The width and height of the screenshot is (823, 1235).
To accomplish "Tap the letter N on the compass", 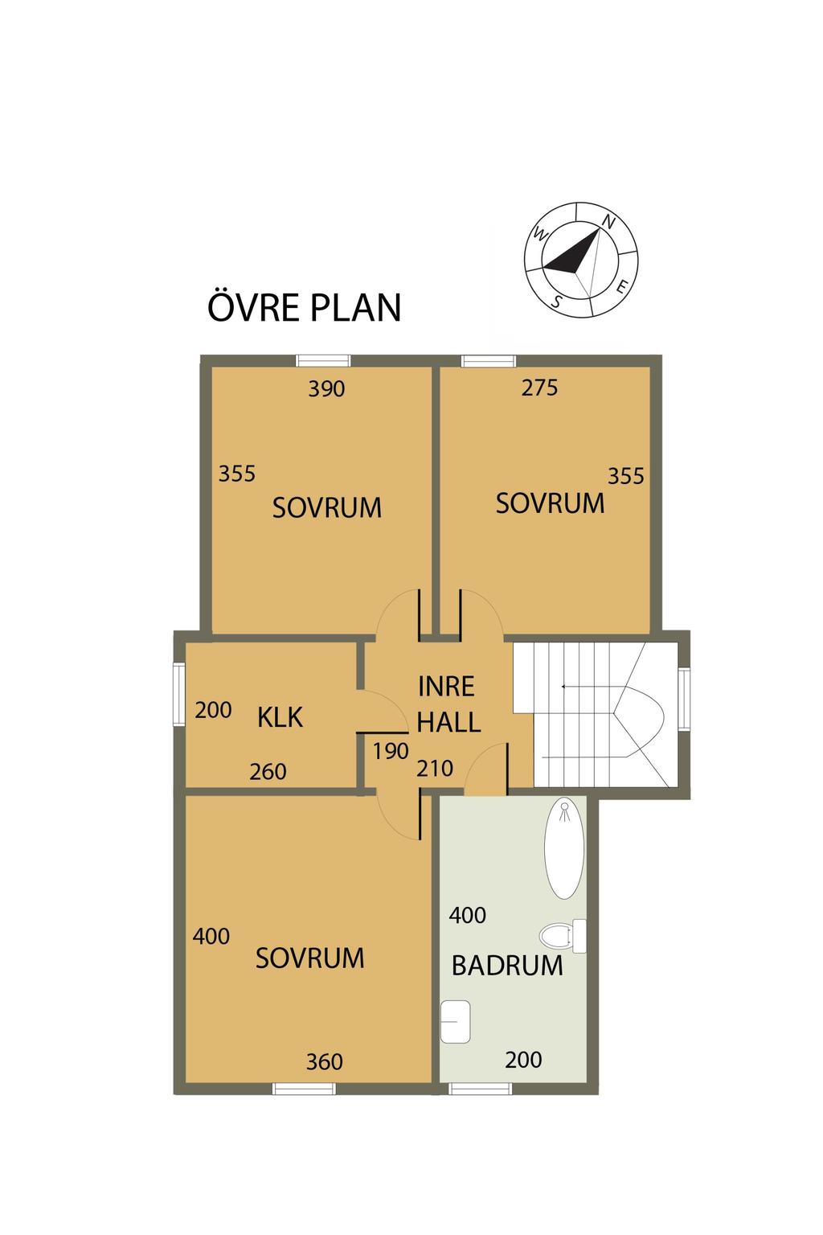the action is (608, 222).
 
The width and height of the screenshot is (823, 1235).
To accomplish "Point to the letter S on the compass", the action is (557, 302).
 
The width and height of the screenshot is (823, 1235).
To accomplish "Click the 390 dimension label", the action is (326, 389).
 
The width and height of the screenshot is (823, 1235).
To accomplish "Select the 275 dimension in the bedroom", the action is (539, 388).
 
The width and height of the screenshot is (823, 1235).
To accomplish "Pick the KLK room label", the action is (280, 718).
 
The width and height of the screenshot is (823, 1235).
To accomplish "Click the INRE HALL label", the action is (448, 704).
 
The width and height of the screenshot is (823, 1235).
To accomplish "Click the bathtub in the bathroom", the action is (564, 847).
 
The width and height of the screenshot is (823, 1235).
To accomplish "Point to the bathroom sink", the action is (456, 1021).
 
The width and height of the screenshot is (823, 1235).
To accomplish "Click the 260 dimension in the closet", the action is (268, 772).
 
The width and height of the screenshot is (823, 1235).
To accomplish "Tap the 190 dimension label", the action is (391, 751).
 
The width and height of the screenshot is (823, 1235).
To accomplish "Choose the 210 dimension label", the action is (434, 769).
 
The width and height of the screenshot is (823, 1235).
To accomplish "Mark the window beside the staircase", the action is (683, 699).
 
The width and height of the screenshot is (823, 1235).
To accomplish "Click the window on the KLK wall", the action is (178, 695).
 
